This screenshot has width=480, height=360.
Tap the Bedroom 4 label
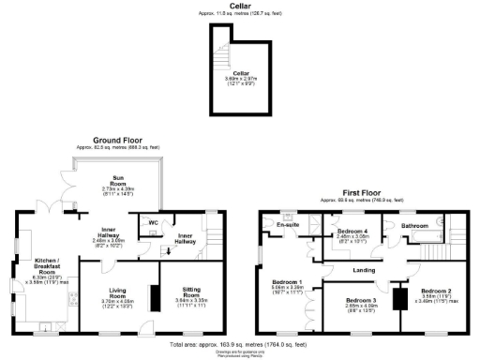(x=351, y=231)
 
